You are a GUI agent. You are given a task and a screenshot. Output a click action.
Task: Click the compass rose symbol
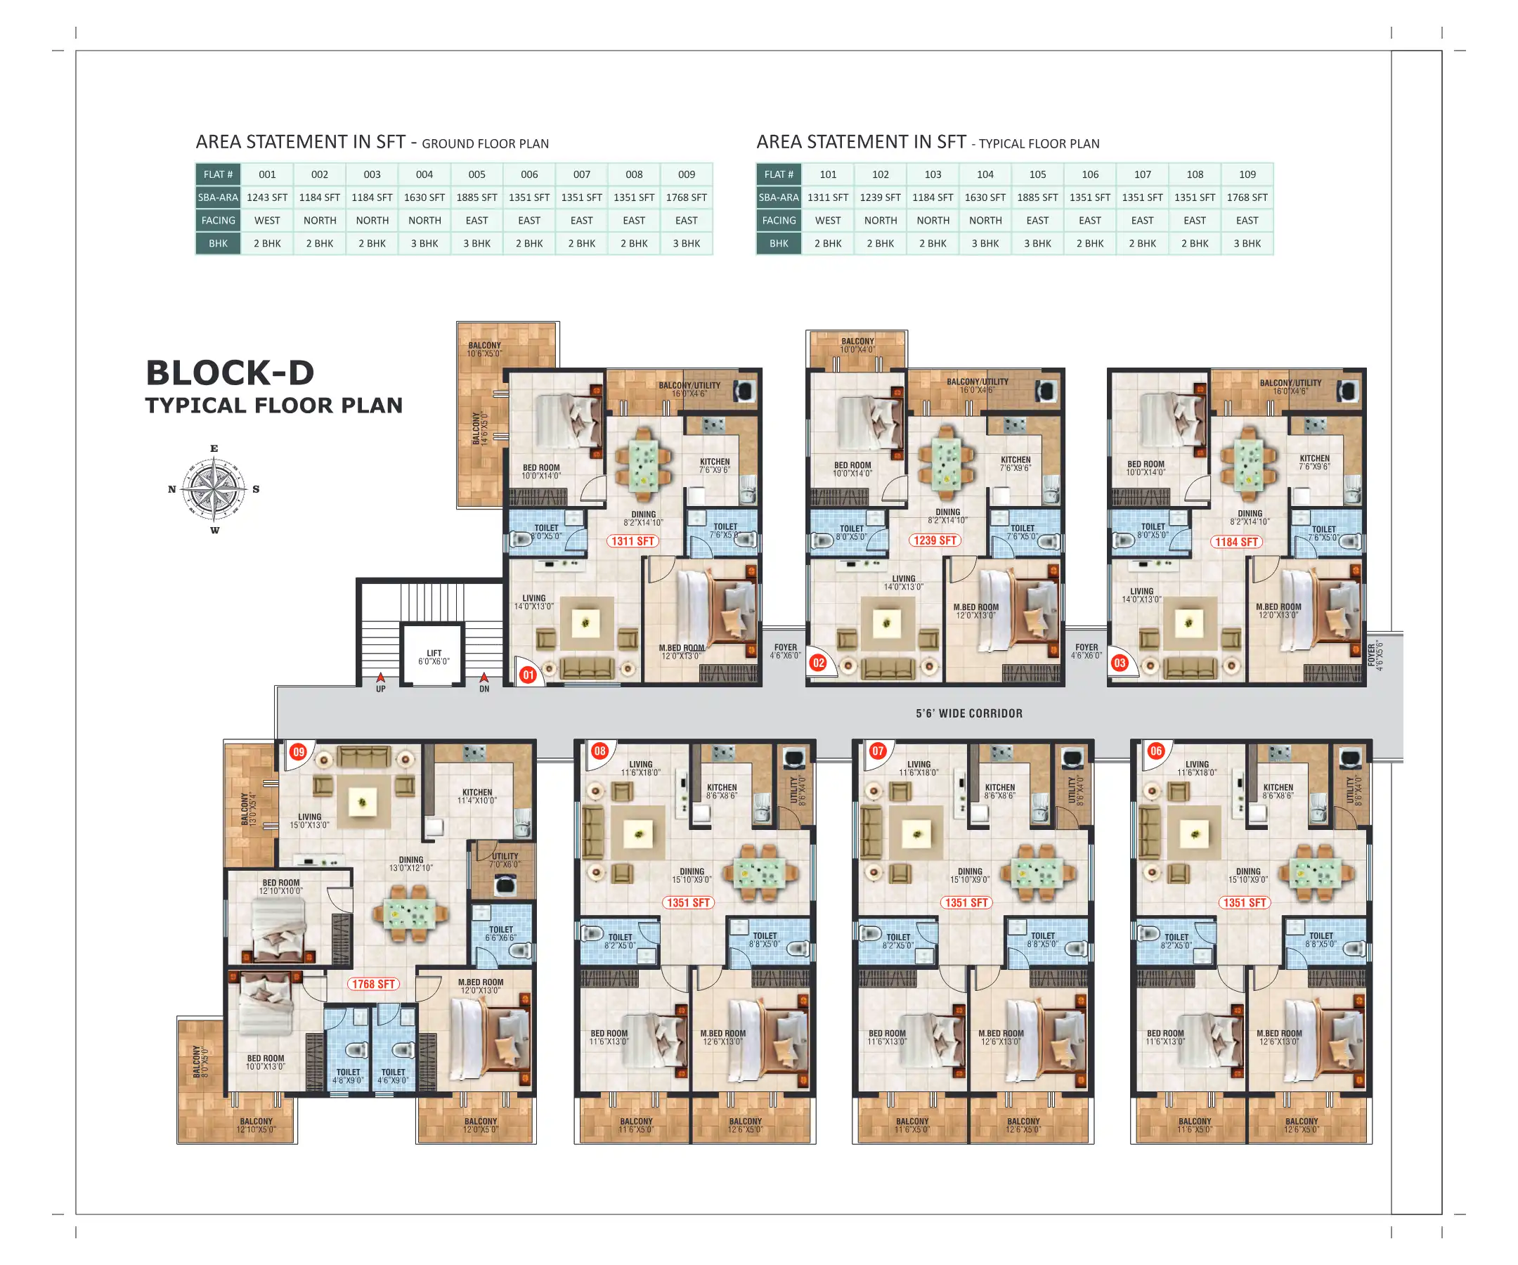tap(214, 489)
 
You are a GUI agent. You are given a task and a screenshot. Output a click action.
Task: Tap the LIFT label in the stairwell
tap(434, 656)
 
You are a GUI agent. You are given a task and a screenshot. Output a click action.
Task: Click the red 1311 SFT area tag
tap(632, 540)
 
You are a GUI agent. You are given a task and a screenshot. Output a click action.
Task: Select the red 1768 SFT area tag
tap(373, 984)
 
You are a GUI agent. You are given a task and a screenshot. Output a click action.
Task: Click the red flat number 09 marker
tap(299, 752)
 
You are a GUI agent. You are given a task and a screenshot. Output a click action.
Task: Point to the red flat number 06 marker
tap(1156, 751)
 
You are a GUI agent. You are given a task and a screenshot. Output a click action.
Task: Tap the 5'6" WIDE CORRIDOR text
tap(968, 713)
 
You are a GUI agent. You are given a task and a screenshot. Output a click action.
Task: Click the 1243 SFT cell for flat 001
tap(267, 197)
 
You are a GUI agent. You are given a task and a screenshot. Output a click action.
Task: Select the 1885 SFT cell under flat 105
tap(1037, 197)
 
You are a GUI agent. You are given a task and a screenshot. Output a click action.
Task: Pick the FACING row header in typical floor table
tap(779, 221)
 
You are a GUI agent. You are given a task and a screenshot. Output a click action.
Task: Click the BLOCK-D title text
tap(230, 373)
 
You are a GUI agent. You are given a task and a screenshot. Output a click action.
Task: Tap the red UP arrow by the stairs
tap(380, 678)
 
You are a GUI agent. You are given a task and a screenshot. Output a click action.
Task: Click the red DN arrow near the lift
tap(484, 678)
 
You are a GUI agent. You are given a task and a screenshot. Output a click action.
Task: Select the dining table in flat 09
tap(410, 914)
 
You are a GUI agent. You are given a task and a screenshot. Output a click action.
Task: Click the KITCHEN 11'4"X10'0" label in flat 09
tap(477, 796)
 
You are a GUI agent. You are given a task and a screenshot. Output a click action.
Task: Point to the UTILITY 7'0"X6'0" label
tap(505, 860)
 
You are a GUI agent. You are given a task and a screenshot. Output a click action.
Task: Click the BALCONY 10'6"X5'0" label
tap(484, 349)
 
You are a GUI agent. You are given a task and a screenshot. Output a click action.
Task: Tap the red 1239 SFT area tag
tap(935, 540)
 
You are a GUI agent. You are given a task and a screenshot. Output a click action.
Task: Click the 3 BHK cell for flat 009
tap(686, 244)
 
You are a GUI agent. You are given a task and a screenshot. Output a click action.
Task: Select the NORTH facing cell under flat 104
tap(985, 221)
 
